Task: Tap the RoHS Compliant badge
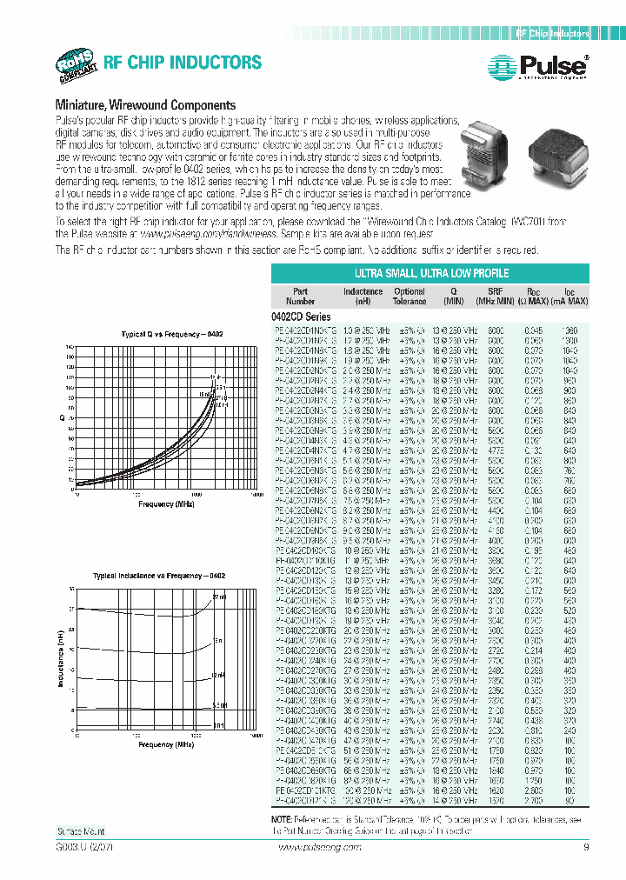tap(77, 65)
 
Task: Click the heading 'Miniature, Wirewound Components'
tap(145, 104)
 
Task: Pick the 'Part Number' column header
tap(299, 296)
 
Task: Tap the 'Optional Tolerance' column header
tap(410, 296)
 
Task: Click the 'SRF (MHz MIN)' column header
tap(493, 296)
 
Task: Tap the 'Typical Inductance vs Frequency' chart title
tap(164, 577)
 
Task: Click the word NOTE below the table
tap(282, 819)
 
